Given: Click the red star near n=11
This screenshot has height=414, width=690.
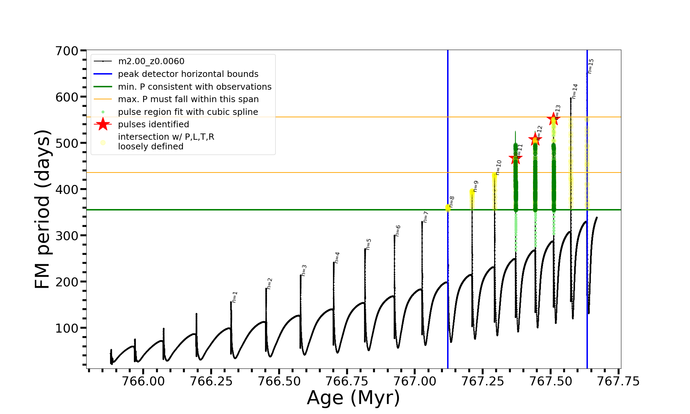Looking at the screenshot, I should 515,158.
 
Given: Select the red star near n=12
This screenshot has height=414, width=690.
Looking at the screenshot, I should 535,140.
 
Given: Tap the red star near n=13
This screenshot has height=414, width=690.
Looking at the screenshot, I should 553,119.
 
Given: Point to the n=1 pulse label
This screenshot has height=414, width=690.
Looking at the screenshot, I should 235,297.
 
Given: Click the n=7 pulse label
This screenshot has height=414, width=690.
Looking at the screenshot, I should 426,217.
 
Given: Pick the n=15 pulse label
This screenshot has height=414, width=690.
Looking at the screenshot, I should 591,66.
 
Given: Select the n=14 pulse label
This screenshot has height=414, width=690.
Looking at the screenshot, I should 574,91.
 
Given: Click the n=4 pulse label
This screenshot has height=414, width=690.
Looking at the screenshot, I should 337,257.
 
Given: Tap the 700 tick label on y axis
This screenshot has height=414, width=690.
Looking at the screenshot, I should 67,51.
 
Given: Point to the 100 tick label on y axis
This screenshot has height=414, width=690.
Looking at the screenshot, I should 67,328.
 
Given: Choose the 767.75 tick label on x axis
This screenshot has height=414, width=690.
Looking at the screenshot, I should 618,381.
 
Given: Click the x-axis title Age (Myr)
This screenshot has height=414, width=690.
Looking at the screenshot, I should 353,398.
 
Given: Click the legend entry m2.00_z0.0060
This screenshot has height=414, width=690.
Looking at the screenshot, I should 151,61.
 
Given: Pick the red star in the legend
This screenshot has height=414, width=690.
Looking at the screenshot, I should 103,124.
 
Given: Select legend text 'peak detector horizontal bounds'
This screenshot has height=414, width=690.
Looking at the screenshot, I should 188,74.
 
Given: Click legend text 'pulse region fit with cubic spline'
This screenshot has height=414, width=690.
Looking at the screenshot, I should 188,112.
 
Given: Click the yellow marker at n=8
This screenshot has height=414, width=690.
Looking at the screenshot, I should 448,208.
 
